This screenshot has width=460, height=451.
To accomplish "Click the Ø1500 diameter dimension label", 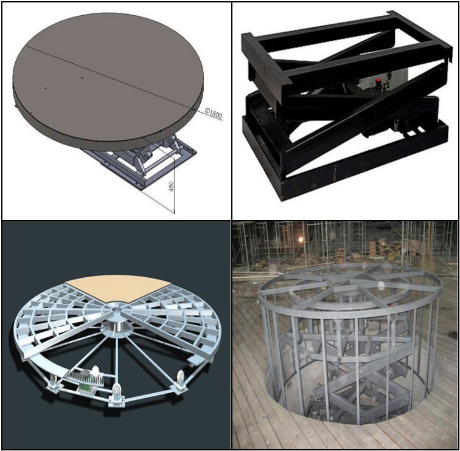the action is [x=214, y=114].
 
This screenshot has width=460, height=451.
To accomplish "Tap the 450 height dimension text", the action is [x=172, y=187].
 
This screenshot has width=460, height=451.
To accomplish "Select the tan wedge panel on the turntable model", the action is [x=117, y=288].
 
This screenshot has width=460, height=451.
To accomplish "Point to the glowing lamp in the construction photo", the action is [x=300, y=240].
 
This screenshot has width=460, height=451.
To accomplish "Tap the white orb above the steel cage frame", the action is [x=381, y=285].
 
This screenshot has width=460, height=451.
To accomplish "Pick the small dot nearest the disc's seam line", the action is [x=82, y=78].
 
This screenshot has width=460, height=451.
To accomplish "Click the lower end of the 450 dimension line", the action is [x=174, y=213].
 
